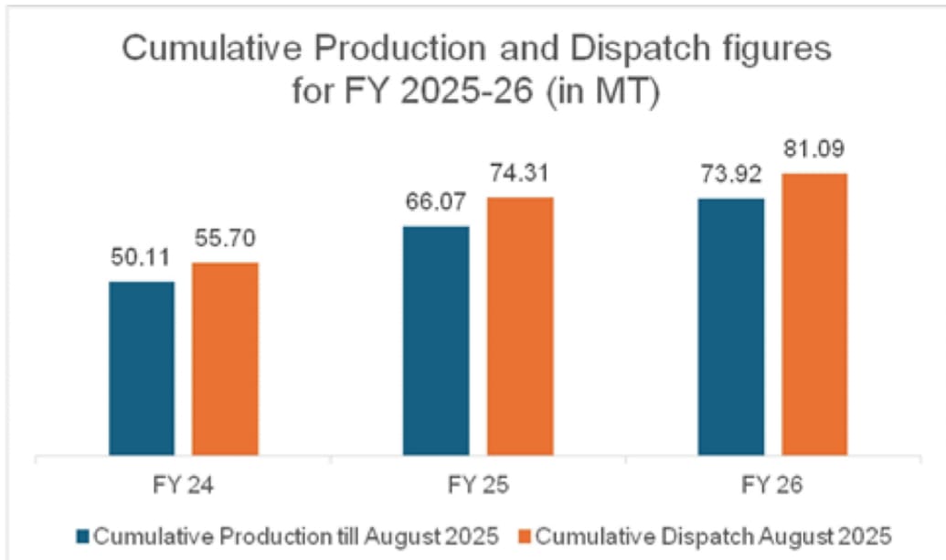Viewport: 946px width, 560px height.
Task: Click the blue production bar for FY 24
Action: [x=142, y=368]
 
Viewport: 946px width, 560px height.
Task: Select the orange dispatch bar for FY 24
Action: [x=225, y=359]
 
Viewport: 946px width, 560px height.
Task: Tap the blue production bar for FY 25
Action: [x=436, y=340]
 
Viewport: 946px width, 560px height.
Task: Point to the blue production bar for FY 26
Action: [x=730, y=327]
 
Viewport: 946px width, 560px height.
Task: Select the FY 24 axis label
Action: [x=184, y=487]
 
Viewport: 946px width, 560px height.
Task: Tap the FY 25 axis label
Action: [x=477, y=487]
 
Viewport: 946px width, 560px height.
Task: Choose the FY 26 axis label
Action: [x=772, y=487]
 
